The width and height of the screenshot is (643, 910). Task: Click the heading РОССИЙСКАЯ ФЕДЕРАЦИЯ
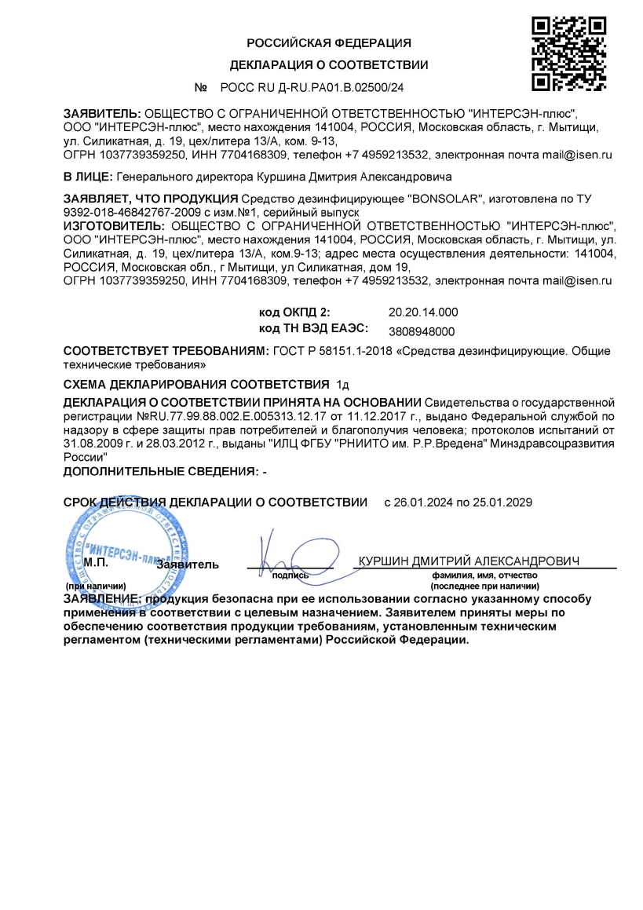[x=329, y=42]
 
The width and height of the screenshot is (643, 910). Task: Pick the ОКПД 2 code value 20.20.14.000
[x=423, y=312]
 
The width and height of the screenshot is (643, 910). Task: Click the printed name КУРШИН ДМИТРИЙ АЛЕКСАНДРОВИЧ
[x=469, y=561]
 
